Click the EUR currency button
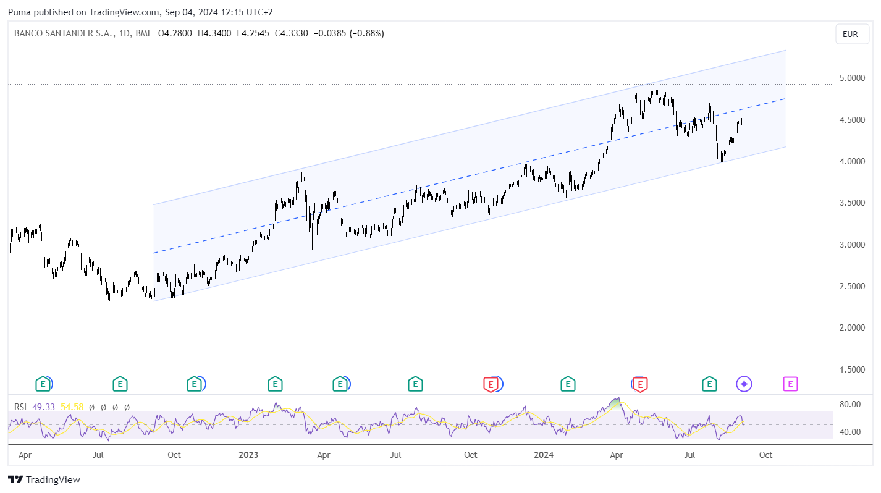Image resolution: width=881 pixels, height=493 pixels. coord(850,34)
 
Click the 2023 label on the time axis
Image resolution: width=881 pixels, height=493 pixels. coord(248,455)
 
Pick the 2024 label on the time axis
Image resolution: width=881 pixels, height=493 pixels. coord(544,455)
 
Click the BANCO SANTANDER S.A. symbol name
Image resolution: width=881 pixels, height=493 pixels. coord(64,34)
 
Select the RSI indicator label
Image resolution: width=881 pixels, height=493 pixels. coord(20,407)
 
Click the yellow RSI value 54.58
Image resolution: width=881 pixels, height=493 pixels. coord(73,407)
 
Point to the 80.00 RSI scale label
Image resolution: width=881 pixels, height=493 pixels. coord(850,404)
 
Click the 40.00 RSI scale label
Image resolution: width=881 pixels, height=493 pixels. coord(850,432)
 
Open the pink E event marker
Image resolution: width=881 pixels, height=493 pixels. coord(790,384)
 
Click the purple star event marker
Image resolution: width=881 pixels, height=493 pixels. coord(744,384)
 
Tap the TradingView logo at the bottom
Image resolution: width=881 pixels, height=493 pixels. coord(44,480)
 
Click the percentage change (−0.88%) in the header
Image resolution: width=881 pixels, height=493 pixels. coord(367,34)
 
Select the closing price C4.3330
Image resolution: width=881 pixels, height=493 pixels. coord(292,34)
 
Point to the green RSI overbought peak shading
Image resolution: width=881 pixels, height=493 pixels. coord(615,403)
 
